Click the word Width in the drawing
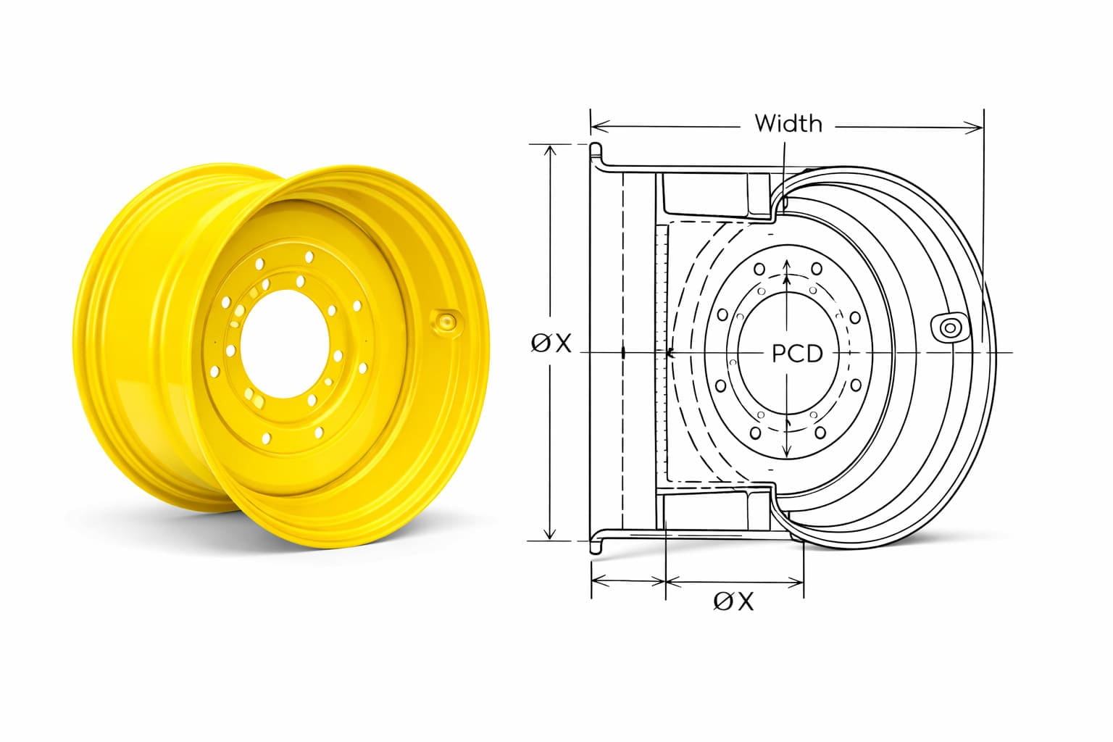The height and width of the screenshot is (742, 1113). point(788,124)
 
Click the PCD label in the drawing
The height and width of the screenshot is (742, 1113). point(797,354)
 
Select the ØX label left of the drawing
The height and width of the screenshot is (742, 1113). point(551,343)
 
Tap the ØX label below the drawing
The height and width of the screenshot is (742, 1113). point(733,601)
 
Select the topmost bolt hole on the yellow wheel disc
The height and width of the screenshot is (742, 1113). point(309,257)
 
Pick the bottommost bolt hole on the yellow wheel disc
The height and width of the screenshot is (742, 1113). point(267,438)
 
